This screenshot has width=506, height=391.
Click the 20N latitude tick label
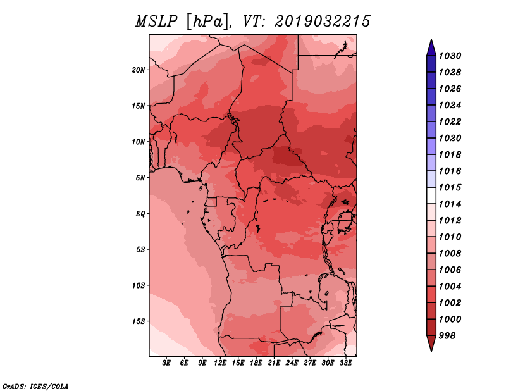point(139,70)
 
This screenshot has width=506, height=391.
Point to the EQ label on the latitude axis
point(140,214)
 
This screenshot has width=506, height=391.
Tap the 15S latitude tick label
point(139,321)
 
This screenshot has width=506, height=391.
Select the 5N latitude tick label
point(140,178)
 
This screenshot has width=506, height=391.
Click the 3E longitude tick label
point(167,363)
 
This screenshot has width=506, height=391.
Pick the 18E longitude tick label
point(257,363)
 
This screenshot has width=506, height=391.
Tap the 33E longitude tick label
point(346,363)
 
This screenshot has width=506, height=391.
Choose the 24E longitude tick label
point(292,363)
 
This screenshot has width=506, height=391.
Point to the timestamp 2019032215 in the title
point(323,22)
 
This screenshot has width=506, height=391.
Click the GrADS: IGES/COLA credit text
point(35,385)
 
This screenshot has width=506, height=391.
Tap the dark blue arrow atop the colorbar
point(431,47)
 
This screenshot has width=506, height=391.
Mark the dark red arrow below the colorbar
point(431,343)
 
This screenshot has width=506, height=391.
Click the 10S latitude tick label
point(139,285)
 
